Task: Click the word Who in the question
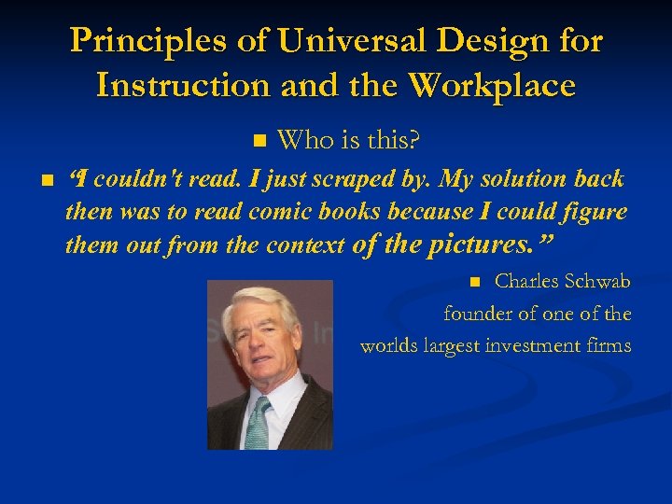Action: pos(302,141)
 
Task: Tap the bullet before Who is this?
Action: pos(259,141)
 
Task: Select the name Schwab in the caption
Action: pos(600,281)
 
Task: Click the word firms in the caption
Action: pos(610,346)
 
